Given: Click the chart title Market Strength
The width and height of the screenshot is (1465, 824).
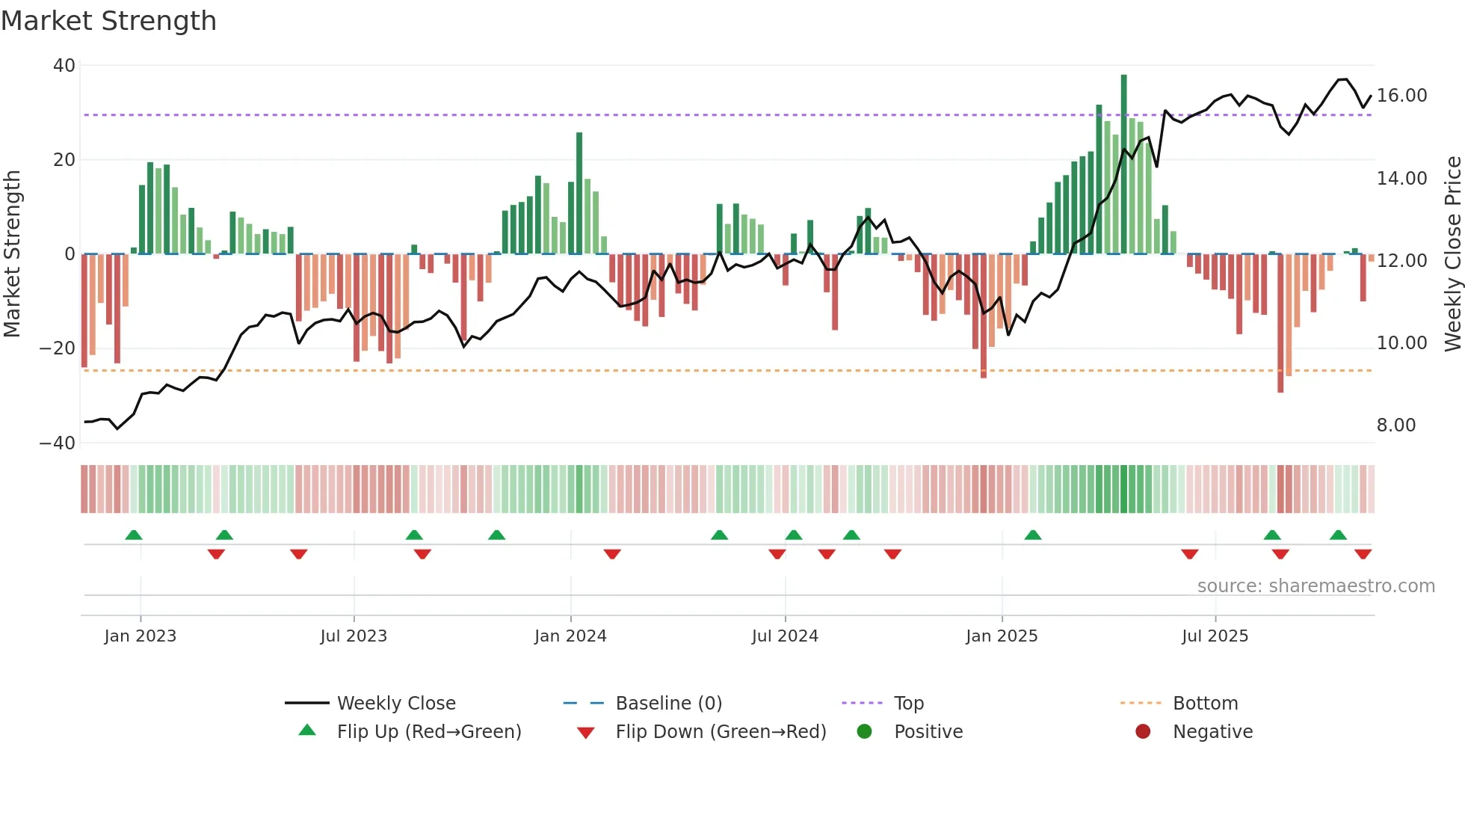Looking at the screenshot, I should click(x=108, y=21).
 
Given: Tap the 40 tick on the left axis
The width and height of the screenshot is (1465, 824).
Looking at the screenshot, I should click(x=64, y=66).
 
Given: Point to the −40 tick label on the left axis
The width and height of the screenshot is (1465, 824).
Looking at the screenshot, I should click(x=58, y=443).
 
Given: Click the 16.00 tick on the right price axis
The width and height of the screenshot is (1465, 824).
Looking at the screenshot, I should click(x=1401, y=96).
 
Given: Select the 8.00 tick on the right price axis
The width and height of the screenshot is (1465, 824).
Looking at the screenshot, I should click(x=1395, y=425).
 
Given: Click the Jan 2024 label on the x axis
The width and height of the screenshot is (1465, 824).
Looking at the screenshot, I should click(x=570, y=636).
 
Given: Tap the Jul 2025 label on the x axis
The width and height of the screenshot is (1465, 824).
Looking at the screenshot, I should click(x=1215, y=636).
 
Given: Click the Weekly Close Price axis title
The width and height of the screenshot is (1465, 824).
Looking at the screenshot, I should click(x=1452, y=254).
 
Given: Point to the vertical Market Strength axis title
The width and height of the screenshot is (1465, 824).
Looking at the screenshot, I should click(x=12, y=254).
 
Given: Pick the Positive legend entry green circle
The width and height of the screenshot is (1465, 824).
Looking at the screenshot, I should click(x=865, y=732).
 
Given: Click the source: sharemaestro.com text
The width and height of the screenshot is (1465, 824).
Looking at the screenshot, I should click(x=1316, y=586).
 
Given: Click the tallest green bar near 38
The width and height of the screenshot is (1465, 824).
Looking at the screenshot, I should click(x=1123, y=165).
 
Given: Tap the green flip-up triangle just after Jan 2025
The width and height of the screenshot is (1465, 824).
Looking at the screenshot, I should click(x=1033, y=535).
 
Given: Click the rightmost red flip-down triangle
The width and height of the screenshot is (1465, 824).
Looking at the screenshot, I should click(x=1363, y=554).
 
